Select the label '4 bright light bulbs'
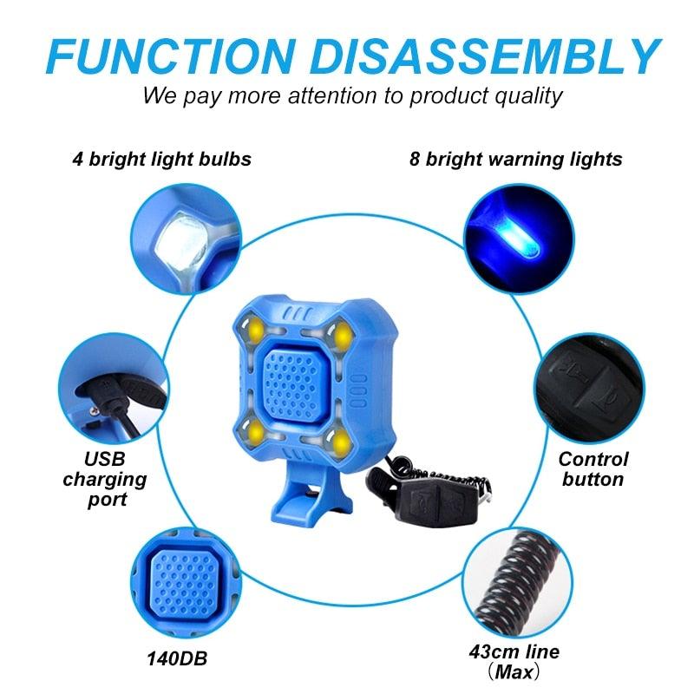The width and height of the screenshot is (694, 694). click(x=162, y=160)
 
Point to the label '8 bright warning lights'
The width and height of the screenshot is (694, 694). click(x=515, y=160)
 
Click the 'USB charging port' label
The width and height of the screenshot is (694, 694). click(x=105, y=478)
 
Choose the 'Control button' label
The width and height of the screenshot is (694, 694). click(x=593, y=468)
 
